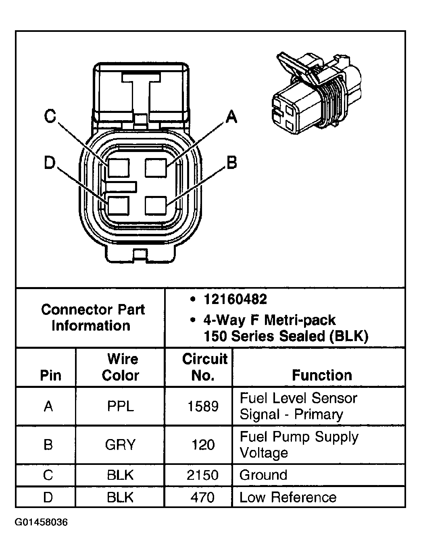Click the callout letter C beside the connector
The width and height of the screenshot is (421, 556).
coord(50,117)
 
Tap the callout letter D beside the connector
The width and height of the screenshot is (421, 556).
coord(50,163)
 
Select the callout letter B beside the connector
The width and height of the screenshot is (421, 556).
coord(231,163)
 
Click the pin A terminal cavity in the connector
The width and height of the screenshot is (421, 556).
coord(156,167)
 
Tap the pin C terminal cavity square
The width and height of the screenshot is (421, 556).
coord(118,167)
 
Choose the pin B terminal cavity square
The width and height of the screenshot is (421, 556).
coord(156,205)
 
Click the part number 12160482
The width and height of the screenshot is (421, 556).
coord(235,299)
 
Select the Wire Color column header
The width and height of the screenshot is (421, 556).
coord(120,367)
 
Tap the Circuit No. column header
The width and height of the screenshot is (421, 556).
coord(204,367)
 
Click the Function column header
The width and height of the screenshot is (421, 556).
coord(321,375)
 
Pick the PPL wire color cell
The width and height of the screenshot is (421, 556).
coord(120,406)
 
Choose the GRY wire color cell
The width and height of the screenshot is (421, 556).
coord(120,445)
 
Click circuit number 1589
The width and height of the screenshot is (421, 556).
coord(203,406)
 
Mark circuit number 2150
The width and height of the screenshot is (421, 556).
coord(202,475)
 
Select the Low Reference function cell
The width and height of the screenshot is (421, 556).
coord(288,497)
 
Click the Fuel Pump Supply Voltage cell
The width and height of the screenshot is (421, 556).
coord(299,445)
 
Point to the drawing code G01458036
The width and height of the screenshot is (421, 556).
coord(42,523)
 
